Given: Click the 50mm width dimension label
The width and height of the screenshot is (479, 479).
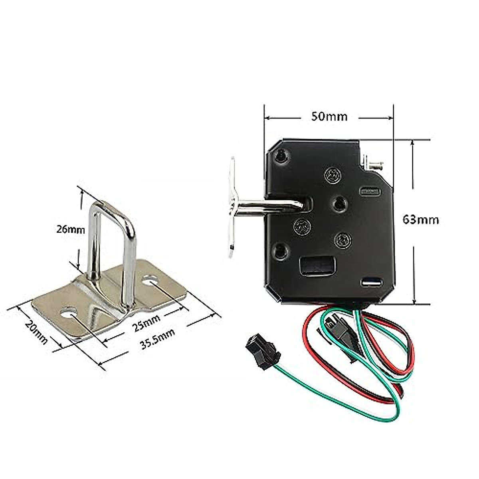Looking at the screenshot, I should pos(329,117).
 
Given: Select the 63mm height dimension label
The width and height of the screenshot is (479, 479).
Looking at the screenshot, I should pos(421,220).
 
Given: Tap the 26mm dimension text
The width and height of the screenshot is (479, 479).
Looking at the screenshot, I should pos(71,230).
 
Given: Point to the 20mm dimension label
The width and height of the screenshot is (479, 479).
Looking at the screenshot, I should pos(36,330).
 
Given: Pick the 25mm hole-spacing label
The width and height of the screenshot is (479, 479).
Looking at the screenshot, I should pos(146,323).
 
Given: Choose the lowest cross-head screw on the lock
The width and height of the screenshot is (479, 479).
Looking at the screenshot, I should pos(343,240).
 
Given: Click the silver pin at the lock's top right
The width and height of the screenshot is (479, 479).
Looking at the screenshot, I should pos(375,163).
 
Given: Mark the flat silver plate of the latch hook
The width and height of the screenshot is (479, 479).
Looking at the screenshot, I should pos(232,208).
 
